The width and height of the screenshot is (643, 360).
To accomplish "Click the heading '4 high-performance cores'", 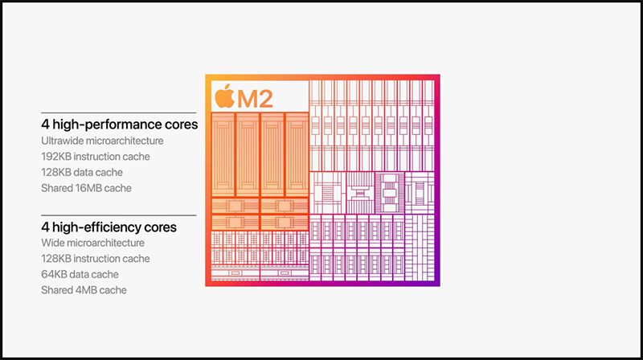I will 119,125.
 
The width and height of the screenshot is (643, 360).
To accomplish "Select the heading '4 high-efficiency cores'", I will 109,227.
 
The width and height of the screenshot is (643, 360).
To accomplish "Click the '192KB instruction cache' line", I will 96,157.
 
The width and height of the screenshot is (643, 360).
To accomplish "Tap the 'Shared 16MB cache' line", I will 86,188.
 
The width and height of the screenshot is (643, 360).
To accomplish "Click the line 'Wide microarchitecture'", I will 92,243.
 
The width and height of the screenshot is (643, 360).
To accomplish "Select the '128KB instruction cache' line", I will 96,259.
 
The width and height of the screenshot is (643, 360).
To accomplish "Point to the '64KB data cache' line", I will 81,274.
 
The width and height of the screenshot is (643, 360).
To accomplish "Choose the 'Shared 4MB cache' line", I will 84,290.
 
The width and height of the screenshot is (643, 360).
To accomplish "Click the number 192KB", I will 56,157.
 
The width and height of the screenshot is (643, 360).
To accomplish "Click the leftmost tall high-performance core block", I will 223,152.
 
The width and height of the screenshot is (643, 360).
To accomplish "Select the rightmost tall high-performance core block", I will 297,152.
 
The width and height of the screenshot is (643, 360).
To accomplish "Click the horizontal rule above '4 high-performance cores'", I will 119,113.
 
